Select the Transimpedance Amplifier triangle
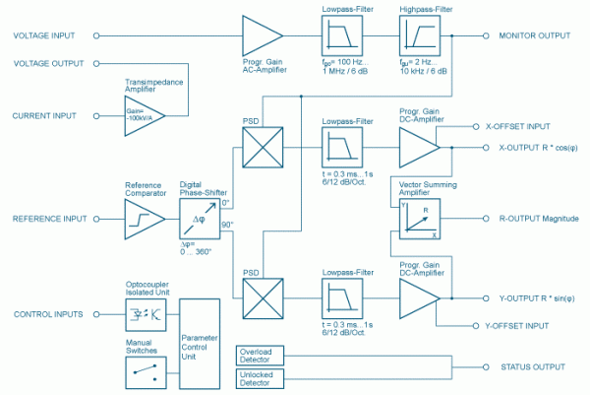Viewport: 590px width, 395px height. tap(145, 115)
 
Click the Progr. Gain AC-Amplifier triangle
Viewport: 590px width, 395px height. tap(263, 37)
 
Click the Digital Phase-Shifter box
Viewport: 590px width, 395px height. tap(201, 220)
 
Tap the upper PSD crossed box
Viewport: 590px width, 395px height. tap(262, 147)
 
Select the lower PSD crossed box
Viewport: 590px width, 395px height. tap(262, 296)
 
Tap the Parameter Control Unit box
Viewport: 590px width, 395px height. tap(201, 342)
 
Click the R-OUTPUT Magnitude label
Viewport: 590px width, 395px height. tap(539, 219)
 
